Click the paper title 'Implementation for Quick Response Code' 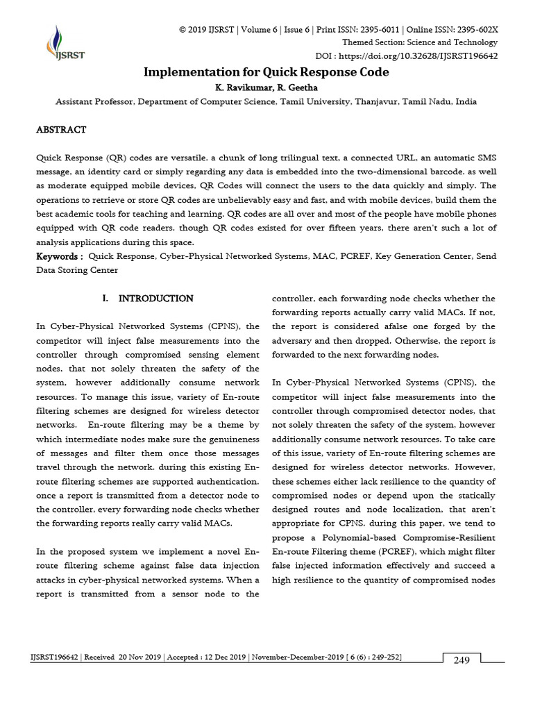pyautogui.click(x=266, y=72)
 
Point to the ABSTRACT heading pyautogui.click(x=61, y=130)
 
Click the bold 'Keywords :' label pyautogui.click(x=60, y=256)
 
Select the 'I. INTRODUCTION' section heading pyautogui.click(x=147, y=299)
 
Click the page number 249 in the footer pyautogui.click(x=462, y=660)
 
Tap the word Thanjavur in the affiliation pyautogui.click(x=376, y=101)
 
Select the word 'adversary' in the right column pyautogui.click(x=296, y=340)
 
